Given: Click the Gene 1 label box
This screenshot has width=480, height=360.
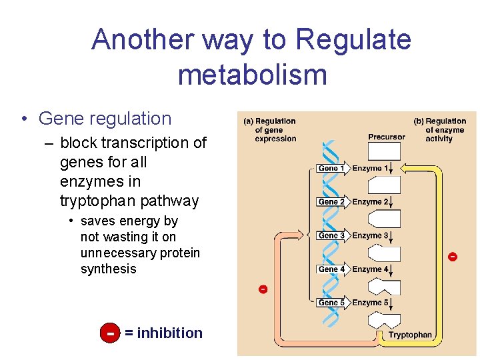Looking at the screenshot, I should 331,169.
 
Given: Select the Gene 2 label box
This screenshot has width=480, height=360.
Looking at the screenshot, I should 331,202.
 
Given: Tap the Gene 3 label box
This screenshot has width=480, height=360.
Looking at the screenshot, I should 331,235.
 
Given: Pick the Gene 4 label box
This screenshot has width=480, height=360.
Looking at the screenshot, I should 331,269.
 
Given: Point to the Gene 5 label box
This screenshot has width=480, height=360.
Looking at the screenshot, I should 331,303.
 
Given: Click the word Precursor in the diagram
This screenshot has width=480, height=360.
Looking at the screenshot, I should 386,137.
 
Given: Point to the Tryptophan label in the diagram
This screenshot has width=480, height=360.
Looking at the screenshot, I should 410,335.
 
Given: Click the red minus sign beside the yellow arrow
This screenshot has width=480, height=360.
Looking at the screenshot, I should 453,257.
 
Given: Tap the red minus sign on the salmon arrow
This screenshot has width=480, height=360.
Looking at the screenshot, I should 263,289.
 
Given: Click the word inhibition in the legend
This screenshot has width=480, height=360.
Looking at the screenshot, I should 169,333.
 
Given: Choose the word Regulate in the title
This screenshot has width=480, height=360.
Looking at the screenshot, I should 353,40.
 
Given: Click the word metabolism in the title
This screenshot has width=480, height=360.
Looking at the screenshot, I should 252,74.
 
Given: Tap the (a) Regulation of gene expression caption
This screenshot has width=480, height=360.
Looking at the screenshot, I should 270,130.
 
